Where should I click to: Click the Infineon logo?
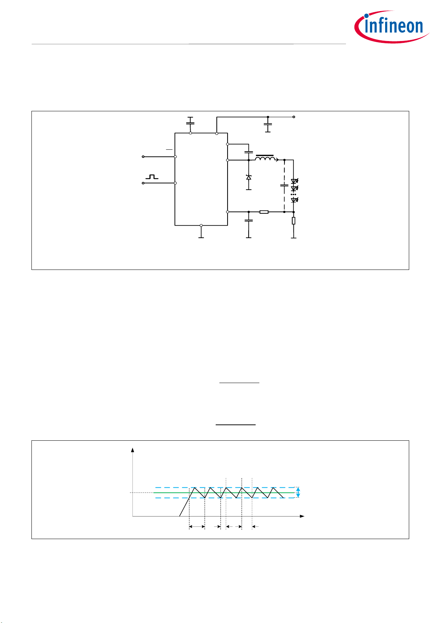(x=392, y=27)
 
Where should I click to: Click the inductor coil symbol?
(x=265, y=158)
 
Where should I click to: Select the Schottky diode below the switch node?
(x=249, y=177)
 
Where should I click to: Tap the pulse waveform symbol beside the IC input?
(x=152, y=177)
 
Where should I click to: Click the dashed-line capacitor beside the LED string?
(x=284, y=185)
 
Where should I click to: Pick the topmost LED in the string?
(x=294, y=181)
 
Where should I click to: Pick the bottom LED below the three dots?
(x=294, y=200)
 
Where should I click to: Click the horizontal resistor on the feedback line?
(x=264, y=212)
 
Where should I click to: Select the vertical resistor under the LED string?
(x=293, y=221)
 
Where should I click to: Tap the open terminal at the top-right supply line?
(x=294, y=117)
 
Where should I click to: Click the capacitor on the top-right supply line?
(x=267, y=124)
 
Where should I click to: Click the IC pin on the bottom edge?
(x=201, y=225)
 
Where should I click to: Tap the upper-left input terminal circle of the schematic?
(x=143, y=157)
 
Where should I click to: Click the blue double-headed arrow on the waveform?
(x=298, y=492)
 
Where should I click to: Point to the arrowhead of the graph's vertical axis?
(x=133, y=450)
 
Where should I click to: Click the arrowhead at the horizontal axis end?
(x=302, y=516)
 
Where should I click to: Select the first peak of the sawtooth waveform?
(x=194, y=488)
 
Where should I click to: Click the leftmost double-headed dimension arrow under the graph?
(x=197, y=526)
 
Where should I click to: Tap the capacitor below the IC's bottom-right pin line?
(x=249, y=220)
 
